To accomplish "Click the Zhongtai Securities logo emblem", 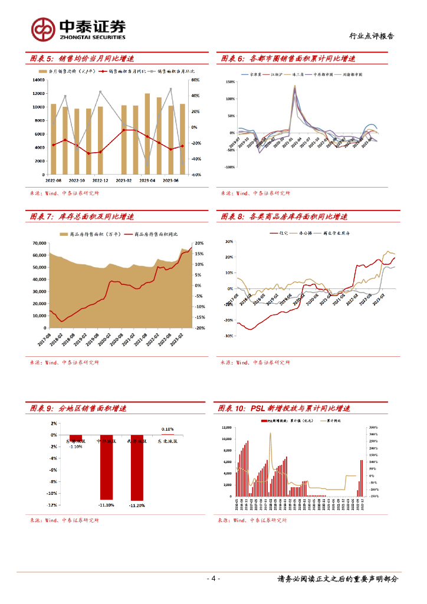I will (43, 28).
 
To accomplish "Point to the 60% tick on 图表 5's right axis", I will (195, 80).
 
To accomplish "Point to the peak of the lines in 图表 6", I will (294, 87).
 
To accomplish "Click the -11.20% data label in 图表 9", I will (136, 505).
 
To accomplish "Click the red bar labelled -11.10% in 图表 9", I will (106, 467).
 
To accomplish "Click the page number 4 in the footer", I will (213, 579).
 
